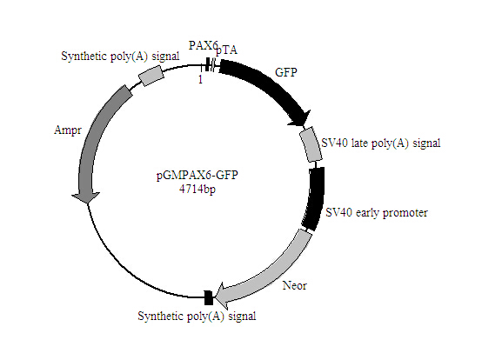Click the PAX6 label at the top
coord(204,43)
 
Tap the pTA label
coord(226,51)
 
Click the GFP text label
coord(286,72)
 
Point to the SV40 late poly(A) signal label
coord(380,143)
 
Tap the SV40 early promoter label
coord(377,211)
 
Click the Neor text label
coord(294,284)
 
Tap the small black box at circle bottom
coord(208,298)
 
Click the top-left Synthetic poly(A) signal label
coord(120,56)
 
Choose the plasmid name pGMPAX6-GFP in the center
coord(197,175)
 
